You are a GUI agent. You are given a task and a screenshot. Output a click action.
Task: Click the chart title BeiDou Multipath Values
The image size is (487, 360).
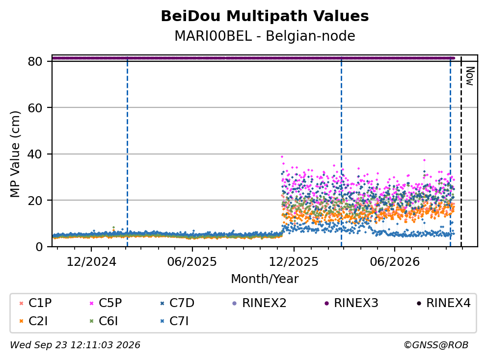coord(265,16)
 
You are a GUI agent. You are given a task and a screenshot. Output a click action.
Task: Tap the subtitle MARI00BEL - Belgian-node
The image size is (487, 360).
coord(265,36)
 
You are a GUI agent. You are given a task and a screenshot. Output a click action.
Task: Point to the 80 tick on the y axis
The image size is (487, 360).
coord(35,61)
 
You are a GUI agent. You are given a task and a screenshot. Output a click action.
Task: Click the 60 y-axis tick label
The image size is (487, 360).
coord(35,108)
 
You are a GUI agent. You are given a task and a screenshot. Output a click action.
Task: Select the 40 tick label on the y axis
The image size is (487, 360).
coord(35,154)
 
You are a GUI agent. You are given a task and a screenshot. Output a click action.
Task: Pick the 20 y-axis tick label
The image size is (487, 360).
coord(35,201)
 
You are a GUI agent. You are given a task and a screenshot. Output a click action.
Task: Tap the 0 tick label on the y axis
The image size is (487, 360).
coord(39,247)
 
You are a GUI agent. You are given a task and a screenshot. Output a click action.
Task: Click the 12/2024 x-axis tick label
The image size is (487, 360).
coord(91,262)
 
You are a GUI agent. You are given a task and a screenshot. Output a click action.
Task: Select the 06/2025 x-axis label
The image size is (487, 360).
coord(192,262)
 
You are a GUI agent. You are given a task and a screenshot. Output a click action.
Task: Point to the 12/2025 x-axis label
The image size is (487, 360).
coord(294,262)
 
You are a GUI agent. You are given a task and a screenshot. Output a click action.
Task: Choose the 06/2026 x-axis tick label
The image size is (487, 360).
coord(395,262)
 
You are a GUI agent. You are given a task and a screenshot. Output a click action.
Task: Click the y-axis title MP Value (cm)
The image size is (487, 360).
coord(15,154)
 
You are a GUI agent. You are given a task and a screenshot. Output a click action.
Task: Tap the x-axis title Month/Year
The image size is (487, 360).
coord(265,279)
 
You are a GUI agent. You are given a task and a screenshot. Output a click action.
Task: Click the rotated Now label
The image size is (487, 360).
coord(470,76)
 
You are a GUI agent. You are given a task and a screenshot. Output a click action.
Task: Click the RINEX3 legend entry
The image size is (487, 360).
coord(352,303)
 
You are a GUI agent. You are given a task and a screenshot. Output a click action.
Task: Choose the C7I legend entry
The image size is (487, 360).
coord(175,321)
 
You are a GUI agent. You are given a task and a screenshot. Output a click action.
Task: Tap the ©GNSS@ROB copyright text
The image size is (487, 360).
coord(436,345)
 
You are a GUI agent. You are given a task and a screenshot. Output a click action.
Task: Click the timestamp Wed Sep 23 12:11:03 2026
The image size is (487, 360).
coord(75,345)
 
